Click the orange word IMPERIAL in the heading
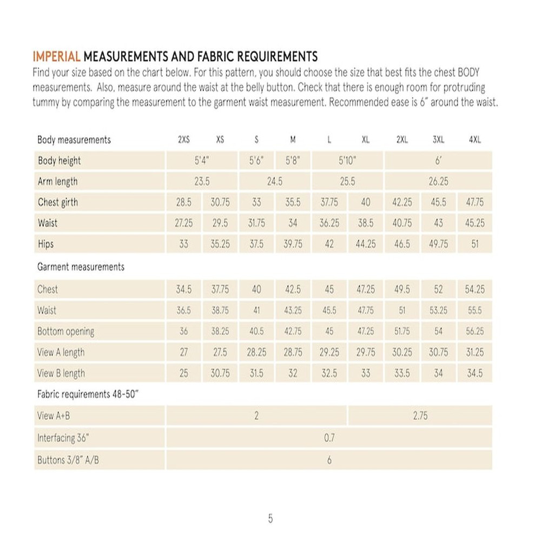tap(56, 56)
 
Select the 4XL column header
tap(474, 140)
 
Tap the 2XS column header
tap(183, 140)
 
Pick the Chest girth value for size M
tap(293, 202)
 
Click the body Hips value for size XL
tap(365, 244)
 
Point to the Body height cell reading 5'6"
tap(256, 161)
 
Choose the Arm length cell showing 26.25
tap(438, 182)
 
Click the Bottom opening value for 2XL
tap(402, 331)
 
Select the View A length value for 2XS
tap(183, 352)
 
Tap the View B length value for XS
tap(220, 373)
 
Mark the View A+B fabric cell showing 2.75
tap(420, 416)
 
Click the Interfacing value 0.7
tap(329, 438)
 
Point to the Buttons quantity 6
tap(329, 460)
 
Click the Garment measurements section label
tap(81, 267)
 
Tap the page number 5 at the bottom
tap(270, 519)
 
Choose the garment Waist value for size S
tap(256, 311)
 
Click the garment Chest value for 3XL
tap(438, 289)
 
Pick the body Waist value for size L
tap(329, 223)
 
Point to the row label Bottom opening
tap(65, 331)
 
